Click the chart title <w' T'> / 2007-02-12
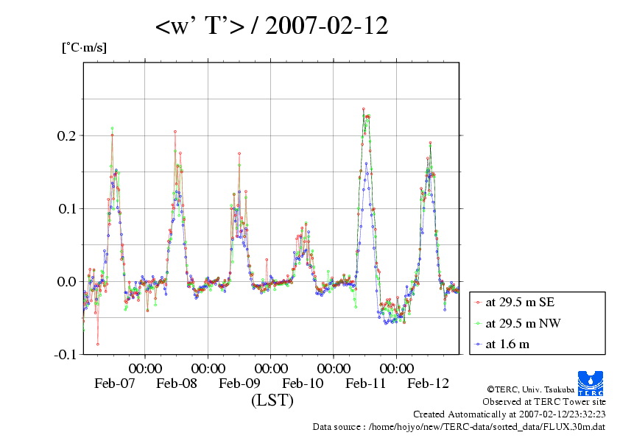pyautogui.click(x=272, y=27)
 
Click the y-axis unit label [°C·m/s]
pyautogui.click(x=84, y=48)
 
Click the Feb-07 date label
pyautogui.click(x=115, y=384)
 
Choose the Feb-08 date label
pyautogui.click(x=177, y=384)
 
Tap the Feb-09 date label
pyautogui.click(x=240, y=384)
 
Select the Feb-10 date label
pyautogui.click(x=303, y=384)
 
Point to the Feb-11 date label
pyautogui.click(x=365, y=384)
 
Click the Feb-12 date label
pyautogui.click(x=429, y=384)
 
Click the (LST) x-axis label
pyautogui.click(x=272, y=401)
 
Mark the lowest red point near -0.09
pyautogui.click(x=98, y=344)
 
